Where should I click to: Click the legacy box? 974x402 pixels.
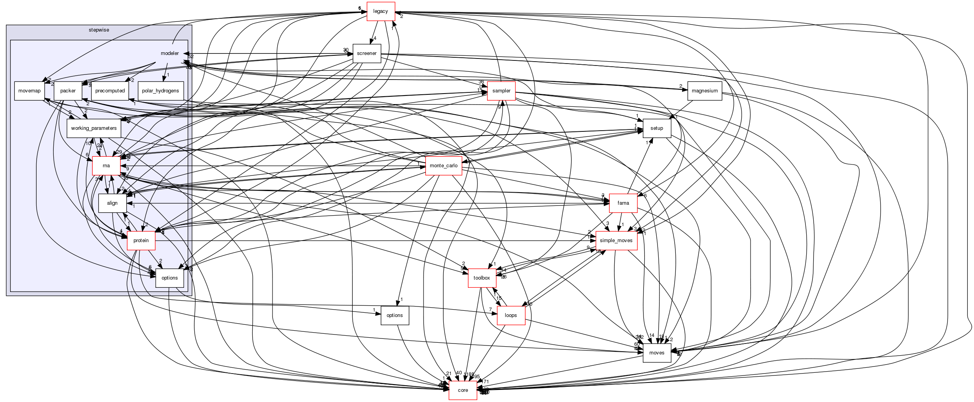pyautogui.click(x=380, y=11)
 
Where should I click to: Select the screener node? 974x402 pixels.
pyautogui.click(x=366, y=53)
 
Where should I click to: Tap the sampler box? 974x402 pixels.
pyautogui.click(x=501, y=91)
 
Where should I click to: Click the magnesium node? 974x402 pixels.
pyautogui.click(x=705, y=91)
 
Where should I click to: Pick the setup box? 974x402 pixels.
pyautogui.click(x=657, y=128)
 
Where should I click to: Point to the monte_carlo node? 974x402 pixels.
pyautogui.click(x=443, y=166)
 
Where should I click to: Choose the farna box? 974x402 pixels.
pyautogui.click(x=623, y=203)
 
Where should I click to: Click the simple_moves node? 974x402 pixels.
pyautogui.click(x=616, y=241)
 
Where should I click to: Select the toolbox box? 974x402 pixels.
pyautogui.click(x=482, y=278)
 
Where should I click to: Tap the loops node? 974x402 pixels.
pyautogui.click(x=510, y=315)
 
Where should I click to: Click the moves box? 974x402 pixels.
pyautogui.click(x=657, y=353)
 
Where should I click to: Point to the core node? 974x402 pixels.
pyautogui.click(x=463, y=390)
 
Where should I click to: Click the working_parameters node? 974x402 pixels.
pyautogui.click(x=94, y=128)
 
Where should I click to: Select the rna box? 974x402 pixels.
pyautogui.click(x=106, y=166)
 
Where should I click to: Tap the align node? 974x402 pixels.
pyautogui.click(x=112, y=203)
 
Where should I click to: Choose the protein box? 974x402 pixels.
pyautogui.click(x=141, y=241)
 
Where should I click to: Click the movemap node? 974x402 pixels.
pyautogui.click(x=29, y=91)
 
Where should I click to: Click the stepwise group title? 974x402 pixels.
pyautogui.click(x=98, y=29)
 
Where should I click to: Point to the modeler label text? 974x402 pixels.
pyautogui.click(x=170, y=53)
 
